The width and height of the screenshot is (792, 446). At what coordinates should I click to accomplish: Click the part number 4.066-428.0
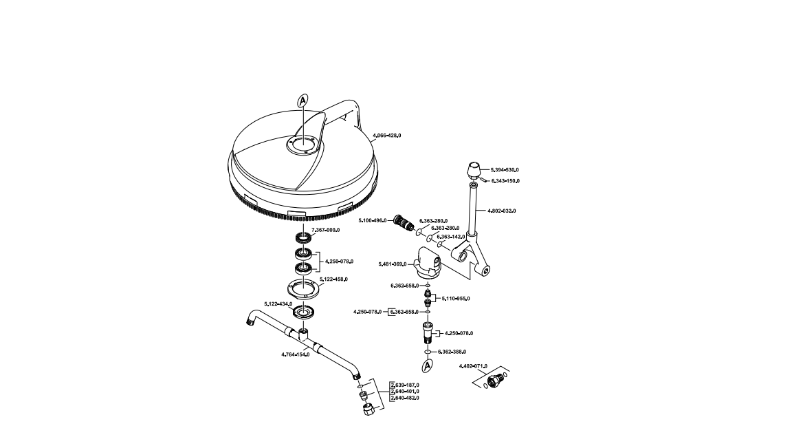point(386,136)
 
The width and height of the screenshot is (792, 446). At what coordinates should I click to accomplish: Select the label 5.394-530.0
point(505,169)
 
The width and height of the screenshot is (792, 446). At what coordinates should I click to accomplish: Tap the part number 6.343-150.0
point(505,181)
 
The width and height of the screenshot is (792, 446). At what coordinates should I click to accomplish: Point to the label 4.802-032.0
point(501,211)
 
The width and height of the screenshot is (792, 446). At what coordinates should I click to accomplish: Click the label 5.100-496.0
point(373,220)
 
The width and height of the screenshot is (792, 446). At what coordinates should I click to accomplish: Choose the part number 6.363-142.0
point(450,236)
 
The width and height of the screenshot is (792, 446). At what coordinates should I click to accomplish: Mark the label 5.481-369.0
point(393,264)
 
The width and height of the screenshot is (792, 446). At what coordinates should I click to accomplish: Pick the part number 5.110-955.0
point(456,299)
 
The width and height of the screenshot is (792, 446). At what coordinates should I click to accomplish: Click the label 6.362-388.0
point(452,352)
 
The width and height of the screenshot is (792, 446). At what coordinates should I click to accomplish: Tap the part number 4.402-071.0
point(473,366)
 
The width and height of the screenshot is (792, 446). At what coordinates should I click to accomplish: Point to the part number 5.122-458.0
point(333,279)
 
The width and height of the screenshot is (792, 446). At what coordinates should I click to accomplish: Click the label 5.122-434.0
point(278,304)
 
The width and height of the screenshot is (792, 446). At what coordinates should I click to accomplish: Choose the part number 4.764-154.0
point(296,354)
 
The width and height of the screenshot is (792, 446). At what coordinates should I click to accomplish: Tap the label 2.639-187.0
point(404,385)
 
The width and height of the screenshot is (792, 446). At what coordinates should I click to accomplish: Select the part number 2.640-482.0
point(404,398)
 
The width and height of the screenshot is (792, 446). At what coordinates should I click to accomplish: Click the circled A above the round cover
point(302,101)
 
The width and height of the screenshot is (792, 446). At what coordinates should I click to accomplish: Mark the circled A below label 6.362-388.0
point(427,366)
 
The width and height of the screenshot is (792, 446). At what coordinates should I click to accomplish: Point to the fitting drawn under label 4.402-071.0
point(494,381)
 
